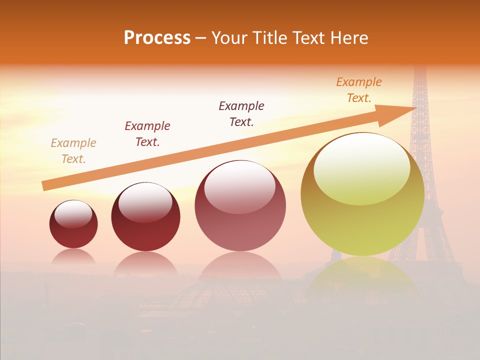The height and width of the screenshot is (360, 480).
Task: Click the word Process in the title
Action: pyautogui.click(x=157, y=38)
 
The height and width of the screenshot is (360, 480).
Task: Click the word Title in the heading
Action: pyautogui.click(x=270, y=38)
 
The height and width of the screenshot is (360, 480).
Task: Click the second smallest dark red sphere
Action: pyautogui.click(x=145, y=217)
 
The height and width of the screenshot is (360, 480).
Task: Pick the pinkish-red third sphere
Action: pyautogui.click(x=240, y=206)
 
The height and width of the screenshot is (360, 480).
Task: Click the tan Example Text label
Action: pyautogui.click(x=73, y=151)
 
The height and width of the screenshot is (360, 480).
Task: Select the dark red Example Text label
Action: pyautogui.click(x=147, y=134)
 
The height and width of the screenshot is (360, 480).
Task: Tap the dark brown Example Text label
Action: pyautogui.click(x=241, y=114)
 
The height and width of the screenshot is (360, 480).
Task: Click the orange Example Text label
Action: pyautogui.click(x=359, y=90)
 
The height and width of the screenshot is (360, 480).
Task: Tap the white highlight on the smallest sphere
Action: pyautogui.click(x=73, y=214)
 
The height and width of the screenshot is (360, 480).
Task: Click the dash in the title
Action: pyautogui.click(x=200, y=38)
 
